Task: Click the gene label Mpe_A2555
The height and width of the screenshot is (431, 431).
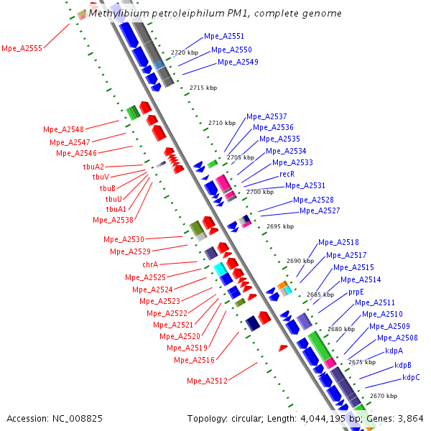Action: pyautogui.click(x=22, y=48)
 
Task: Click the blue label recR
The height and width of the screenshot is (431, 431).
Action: pyautogui.click(x=287, y=174)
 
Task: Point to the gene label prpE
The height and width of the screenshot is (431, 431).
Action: pyautogui.click(x=356, y=292)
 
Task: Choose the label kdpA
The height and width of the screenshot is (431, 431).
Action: pyautogui.click(x=394, y=351)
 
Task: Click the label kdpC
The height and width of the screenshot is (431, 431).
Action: pyautogui.click(x=411, y=377)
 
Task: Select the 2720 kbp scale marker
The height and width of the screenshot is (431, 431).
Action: pyautogui.click(x=184, y=52)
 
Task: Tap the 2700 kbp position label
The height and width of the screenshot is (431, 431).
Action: pyautogui.click(x=260, y=192)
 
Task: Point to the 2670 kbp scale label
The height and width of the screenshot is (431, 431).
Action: pyautogui.click(x=383, y=396)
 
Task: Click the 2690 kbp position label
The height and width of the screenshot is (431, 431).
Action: pyautogui.click(x=300, y=261)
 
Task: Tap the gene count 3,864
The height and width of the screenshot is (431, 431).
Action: pyautogui.click(x=411, y=418)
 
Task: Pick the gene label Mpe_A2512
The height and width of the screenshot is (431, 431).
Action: pyautogui.click(x=207, y=380)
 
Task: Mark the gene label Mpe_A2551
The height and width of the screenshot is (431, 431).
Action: pyautogui.click(x=224, y=36)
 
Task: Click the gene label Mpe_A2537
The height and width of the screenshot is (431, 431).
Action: pyautogui.click(x=267, y=116)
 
